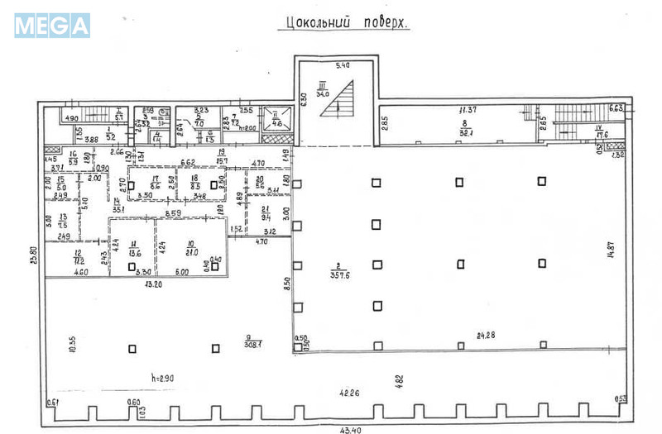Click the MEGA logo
[51, 25]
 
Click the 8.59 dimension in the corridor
[173, 214]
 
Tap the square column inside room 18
[214, 185]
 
